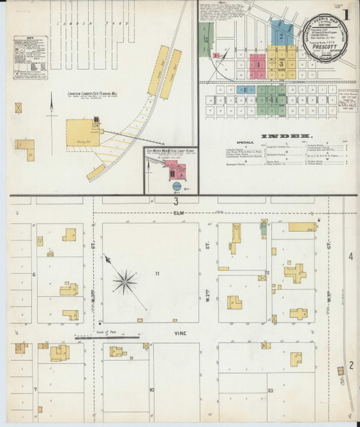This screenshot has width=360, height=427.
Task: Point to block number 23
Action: point(270,390)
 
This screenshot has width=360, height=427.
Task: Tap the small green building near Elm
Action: point(264,228)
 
